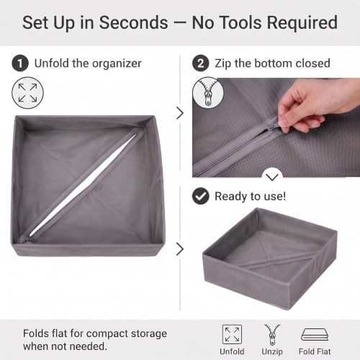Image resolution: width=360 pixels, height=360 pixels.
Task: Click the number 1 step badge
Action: click(20, 63)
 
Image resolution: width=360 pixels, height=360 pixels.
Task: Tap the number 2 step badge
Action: click(201, 63)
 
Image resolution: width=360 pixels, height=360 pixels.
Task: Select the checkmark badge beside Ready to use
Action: click(201, 196)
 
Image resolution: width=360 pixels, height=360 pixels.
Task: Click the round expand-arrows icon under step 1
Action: click(27, 93)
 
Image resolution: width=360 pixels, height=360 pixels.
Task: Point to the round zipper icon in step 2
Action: click(208, 93)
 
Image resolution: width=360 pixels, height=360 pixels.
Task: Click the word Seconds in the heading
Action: click(133, 23)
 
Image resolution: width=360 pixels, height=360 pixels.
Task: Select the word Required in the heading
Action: click(302, 23)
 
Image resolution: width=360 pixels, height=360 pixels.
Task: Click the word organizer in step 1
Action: click(117, 64)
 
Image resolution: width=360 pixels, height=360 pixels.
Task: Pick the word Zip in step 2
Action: click(223, 64)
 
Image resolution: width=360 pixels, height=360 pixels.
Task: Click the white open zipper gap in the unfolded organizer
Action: click(83, 184)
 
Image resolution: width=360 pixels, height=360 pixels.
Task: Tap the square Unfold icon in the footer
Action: click(232, 334)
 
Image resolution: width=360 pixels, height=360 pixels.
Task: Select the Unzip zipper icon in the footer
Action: click(272, 334)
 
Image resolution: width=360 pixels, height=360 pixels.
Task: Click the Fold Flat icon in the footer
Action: click(315, 334)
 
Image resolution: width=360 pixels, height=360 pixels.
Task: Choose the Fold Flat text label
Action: click(315, 351)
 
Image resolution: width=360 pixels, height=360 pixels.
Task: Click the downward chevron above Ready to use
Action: click(272, 177)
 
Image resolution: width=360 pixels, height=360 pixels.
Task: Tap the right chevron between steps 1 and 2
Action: click(180, 113)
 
